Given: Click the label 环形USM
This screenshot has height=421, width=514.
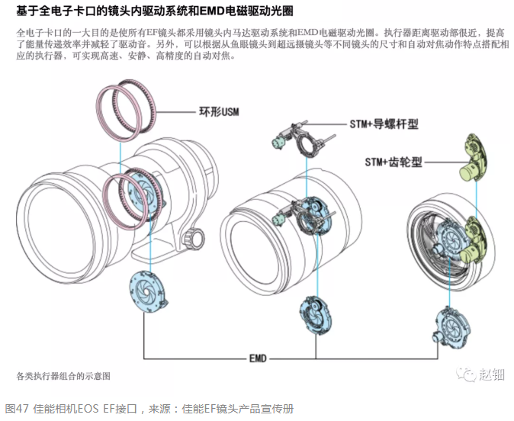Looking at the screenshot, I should point(219,111).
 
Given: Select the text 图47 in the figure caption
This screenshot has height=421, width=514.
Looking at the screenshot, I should point(18,409).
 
